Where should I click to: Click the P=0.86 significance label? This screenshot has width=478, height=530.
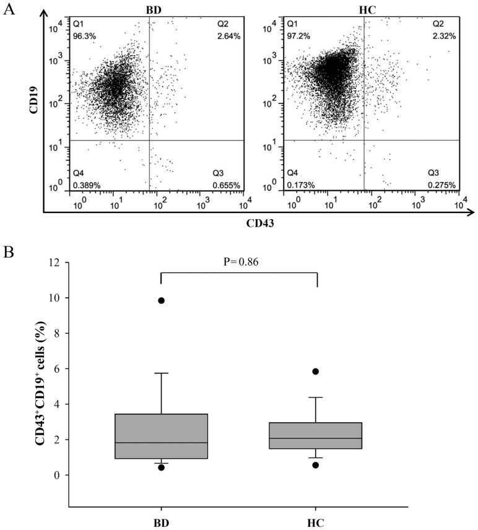click(x=239, y=262)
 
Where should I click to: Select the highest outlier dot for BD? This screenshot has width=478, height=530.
click(x=162, y=300)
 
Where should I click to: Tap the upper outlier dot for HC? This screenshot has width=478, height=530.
click(x=316, y=371)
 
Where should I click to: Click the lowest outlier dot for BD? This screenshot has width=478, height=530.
click(x=162, y=467)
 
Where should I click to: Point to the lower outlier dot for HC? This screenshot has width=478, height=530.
click(x=316, y=465)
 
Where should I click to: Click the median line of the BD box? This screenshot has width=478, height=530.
click(x=162, y=443)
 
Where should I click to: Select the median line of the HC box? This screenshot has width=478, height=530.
click(x=316, y=438)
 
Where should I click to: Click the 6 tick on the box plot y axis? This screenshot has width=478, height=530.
click(x=58, y=369)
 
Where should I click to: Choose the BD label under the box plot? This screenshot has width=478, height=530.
click(x=162, y=521)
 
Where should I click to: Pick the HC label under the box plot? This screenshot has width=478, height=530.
click(x=316, y=521)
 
